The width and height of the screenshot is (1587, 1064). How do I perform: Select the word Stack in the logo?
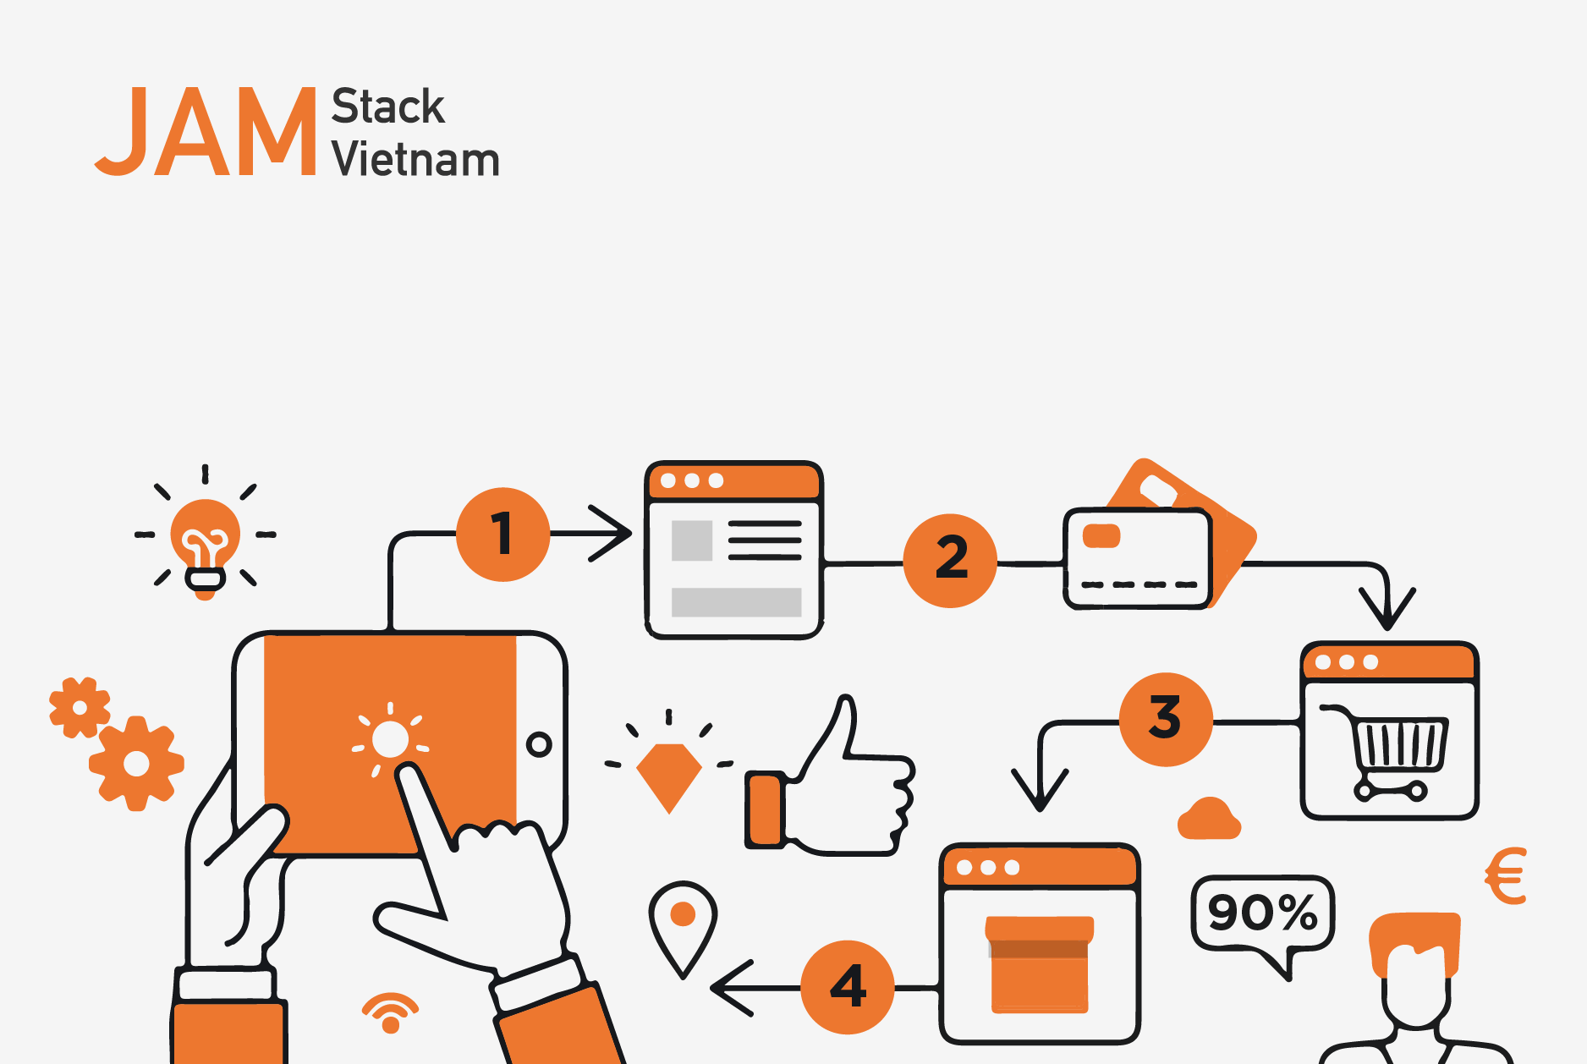(x=387, y=107)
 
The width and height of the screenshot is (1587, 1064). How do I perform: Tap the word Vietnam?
(x=415, y=159)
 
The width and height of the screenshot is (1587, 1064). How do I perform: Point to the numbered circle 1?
(x=503, y=535)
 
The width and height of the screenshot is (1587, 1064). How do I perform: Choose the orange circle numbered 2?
(x=951, y=560)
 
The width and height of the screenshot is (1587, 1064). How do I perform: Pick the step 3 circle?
(x=1166, y=719)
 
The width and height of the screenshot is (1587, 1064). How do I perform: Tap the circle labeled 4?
(x=848, y=987)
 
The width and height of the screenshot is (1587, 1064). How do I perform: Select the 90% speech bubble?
(x=1262, y=918)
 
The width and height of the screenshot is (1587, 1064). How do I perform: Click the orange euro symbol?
(x=1506, y=876)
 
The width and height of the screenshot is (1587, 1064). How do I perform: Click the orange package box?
(x=1040, y=964)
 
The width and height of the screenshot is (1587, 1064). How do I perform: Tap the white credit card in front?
(x=1138, y=558)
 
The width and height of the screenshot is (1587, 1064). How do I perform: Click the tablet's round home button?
(x=539, y=744)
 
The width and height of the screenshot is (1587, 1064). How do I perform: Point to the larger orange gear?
(x=136, y=764)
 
